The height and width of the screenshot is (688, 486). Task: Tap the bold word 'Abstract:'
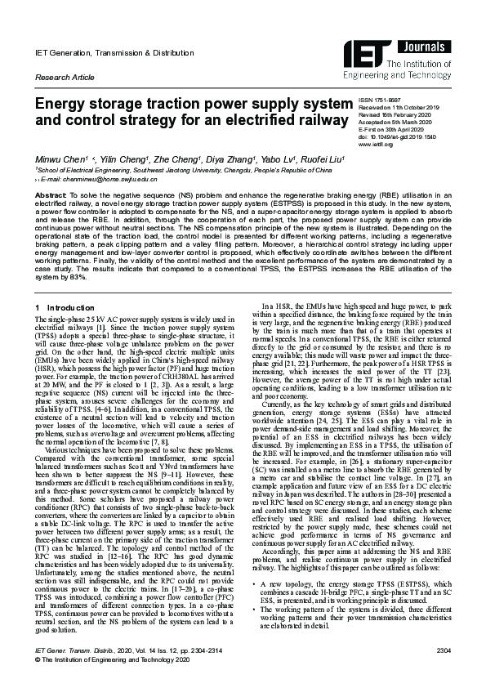coord(51,197)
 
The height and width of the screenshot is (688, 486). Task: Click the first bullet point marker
coord(256,538)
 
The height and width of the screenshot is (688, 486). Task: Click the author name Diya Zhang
coord(211,158)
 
